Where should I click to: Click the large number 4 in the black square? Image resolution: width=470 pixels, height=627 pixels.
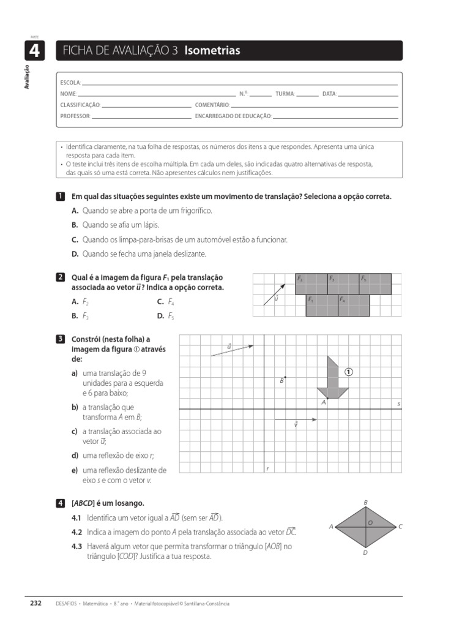point(34,51)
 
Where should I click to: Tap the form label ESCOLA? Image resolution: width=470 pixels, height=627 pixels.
point(70,83)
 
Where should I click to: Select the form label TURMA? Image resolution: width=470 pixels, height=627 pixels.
point(285,94)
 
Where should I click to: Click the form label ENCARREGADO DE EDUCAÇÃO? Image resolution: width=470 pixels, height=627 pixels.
point(233,116)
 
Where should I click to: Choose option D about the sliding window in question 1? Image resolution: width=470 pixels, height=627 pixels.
point(139,253)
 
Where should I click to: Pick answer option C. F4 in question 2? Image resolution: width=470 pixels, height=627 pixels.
point(165,302)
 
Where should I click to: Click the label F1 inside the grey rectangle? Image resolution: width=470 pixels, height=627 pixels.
point(311,299)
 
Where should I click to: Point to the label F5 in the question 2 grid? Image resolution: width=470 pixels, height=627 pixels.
point(364,279)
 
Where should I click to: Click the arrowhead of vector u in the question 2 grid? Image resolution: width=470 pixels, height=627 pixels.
point(284,285)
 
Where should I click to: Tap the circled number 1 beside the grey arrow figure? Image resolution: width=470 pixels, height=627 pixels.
point(349,372)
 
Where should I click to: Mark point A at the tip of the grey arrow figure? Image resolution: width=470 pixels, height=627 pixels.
point(327,398)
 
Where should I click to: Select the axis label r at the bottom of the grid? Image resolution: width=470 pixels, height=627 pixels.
point(267,468)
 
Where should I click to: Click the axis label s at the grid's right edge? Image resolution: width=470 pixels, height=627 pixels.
point(398,404)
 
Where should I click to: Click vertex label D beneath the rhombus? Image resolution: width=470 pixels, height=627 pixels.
point(365,552)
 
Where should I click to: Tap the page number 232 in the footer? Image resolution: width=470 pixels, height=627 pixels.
point(36,603)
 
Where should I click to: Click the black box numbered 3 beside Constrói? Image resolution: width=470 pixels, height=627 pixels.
point(60,339)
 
